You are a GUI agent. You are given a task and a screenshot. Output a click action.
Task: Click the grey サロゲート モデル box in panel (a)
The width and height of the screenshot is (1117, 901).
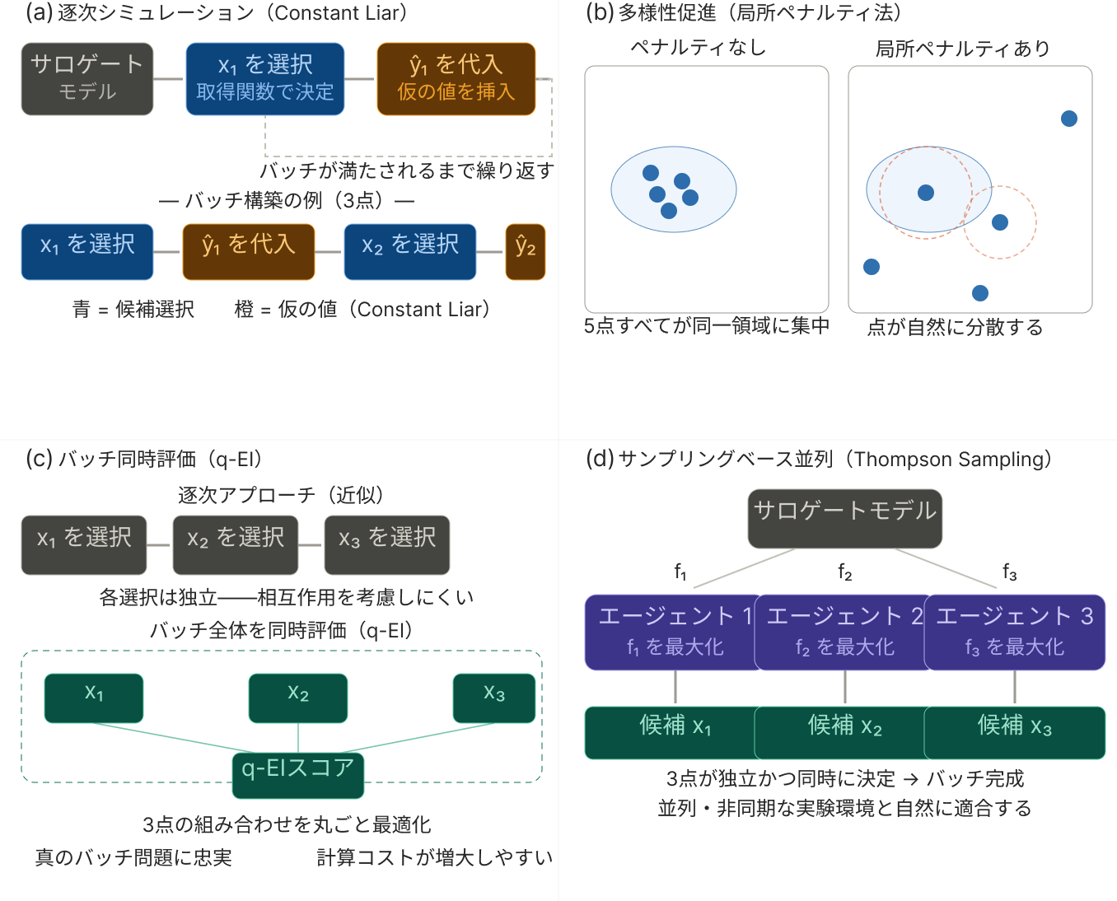pyautogui.click(x=87, y=79)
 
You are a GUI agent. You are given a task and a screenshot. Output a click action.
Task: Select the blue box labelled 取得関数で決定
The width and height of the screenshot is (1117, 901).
pyautogui.click(x=265, y=79)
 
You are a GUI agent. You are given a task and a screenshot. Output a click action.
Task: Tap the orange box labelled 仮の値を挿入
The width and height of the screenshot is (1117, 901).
pyautogui.click(x=456, y=79)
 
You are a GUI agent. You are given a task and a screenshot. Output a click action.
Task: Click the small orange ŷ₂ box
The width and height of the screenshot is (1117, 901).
pyautogui.click(x=526, y=252)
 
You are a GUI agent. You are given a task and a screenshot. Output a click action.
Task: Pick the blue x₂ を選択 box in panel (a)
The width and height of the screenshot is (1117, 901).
pyautogui.click(x=410, y=252)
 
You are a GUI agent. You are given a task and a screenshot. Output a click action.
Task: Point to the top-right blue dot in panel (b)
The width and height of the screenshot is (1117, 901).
pyautogui.click(x=1069, y=119)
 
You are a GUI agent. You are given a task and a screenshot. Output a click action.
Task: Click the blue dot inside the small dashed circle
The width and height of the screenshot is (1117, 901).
pyautogui.click(x=1000, y=222)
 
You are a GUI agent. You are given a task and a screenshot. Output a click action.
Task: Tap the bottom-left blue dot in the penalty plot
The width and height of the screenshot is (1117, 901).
pyautogui.click(x=872, y=267)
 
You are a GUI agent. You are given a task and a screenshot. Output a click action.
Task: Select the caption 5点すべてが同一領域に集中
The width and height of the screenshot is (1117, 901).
pyautogui.click(x=707, y=326)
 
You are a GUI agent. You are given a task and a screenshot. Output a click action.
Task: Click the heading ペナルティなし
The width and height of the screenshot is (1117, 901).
pyautogui.click(x=699, y=48)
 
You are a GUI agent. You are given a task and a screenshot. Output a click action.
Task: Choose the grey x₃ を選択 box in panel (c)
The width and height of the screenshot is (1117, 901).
pyautogui.click(x=387, y=544)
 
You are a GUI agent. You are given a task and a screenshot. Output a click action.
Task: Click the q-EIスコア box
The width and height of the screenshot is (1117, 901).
pyautogui.click(x=298, y=774)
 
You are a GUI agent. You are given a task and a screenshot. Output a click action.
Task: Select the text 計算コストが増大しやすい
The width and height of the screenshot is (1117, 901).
pyautogui.click(x=435, y=858)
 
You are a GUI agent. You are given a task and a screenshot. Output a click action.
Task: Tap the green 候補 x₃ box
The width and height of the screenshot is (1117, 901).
pyautogui.click(x=1015, y=732)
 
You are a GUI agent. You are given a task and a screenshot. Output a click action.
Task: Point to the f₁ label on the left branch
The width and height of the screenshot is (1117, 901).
pyautogui.click(x=680, y=572)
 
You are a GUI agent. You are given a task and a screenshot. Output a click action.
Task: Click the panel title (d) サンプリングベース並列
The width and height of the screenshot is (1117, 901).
pyautogui.click(x=818, y=460)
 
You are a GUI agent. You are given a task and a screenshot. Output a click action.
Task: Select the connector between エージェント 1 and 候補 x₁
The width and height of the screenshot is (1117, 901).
pyautogui.click(x=675, y=688)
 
